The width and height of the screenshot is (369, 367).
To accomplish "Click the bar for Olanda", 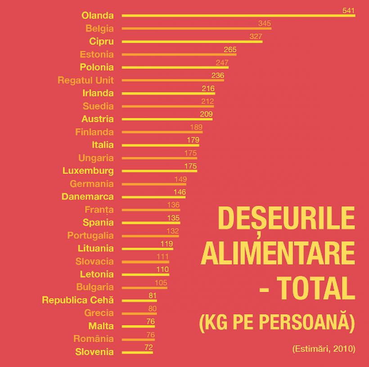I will (x=238, y=15).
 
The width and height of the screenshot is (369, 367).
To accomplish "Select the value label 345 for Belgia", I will (x=265, y=23).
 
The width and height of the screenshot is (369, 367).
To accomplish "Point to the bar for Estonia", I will (x=179, y=54).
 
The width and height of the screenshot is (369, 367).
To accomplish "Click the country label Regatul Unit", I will (x=85, y=81).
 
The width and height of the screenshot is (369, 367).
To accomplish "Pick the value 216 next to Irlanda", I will (x=208, y=88).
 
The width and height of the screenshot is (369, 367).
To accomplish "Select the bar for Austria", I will (x=167, y=119).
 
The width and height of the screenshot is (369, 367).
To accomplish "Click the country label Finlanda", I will (x=94, y=132).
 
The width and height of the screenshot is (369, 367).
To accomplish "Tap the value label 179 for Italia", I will (x=193, y=140).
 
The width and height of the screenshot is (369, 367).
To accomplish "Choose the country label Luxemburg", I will (x=88, y=171).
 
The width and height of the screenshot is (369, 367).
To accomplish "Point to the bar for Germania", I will (x=154, y=184).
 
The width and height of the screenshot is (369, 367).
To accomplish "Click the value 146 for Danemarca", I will (x=179, y=192).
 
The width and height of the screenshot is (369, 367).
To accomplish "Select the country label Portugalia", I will (x=90, y=236).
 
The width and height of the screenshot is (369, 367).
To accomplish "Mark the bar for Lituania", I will (x=147, y=249).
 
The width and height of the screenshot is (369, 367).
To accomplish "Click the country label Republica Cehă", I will (x=78, y=300).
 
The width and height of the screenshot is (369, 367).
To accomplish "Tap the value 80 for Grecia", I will (x=152, y=308).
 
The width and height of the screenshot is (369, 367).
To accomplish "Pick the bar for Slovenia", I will (x=137, y=352).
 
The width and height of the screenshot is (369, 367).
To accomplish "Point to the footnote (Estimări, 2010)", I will (x=323, y=349).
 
